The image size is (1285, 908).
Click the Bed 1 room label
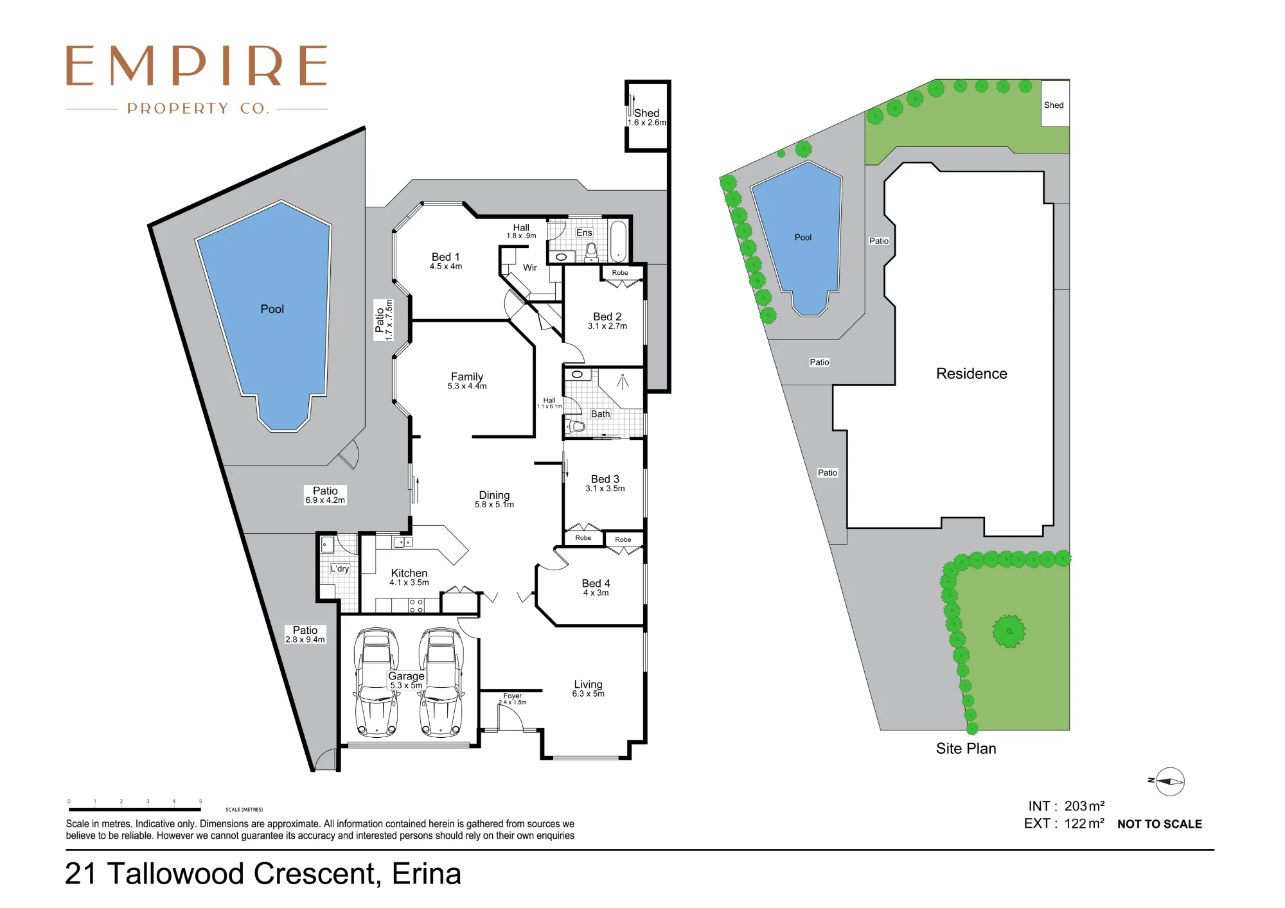(x=445, y=257)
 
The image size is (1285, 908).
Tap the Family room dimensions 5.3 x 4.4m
(x=467, y=387)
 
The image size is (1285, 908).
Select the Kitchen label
(x=409, y=573)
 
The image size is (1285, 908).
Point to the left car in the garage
(x=377, y=681)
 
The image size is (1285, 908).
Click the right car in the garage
(x=441, y=681)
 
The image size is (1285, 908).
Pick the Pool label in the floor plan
(x=272, y=309)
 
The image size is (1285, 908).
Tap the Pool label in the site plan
(x=803, y=238)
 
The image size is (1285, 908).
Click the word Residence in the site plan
(x=971, y=374)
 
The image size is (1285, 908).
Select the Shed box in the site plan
(x=1055, y=103)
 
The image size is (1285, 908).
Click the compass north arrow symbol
(x=1169, y=781)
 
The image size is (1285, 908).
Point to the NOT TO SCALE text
(x=1160, y=824)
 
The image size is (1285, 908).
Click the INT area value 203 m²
(x=1085, y=806)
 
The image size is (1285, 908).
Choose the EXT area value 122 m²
(x=1085, y=823)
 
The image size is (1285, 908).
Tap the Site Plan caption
(x=966, y=749)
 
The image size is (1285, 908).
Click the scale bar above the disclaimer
(x=135, y=809)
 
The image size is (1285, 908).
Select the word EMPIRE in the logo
(x=197, y=65)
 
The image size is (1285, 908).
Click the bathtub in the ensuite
(x=618, y=240)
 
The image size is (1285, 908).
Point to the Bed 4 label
(x=596, y=583)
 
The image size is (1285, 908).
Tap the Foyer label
(x=512, y=696)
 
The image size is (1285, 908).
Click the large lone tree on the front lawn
(x=1009, y=631)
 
